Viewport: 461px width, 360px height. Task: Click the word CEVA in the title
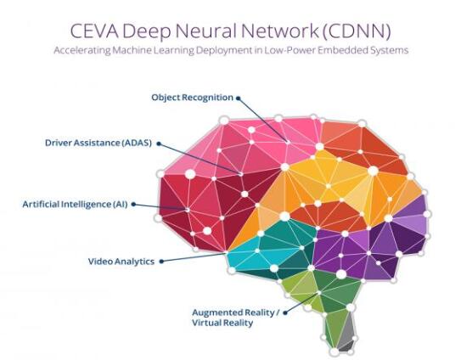point(93,31)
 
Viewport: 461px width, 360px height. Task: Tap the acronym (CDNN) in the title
point(356,31)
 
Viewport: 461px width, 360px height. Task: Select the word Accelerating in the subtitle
point(82,51)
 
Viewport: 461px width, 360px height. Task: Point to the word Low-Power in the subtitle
point(290,50)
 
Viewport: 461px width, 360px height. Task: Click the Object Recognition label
point(192,98)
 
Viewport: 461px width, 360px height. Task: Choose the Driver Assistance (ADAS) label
point(98,143)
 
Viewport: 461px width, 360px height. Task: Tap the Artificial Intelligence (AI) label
point(75,204)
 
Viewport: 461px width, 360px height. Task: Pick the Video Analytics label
point(121,262)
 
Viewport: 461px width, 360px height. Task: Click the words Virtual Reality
point(222,323)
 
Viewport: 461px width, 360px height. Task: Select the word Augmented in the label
point(216,312)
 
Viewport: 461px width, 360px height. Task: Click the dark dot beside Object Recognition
point(239,98)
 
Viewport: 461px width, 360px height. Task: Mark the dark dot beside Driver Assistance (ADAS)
point(159,143)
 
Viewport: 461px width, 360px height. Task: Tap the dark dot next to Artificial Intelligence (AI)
point(133,204)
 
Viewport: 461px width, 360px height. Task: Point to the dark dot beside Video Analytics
point(161,262)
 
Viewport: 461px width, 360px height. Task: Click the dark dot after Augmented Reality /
point(285,312)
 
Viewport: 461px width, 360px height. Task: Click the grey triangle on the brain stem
point(347,329)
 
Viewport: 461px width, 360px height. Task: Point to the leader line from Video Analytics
point(194,256)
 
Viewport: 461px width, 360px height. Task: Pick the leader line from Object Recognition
point(263,120)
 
